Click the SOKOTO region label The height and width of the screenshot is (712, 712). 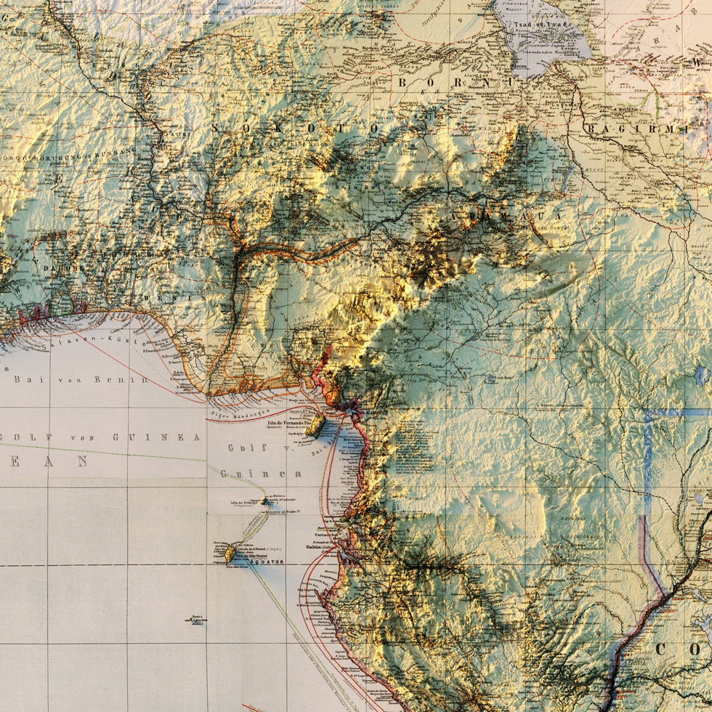pos(295,128)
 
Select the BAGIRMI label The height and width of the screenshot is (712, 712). pos(636,129)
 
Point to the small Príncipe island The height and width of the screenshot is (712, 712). pos(264,501)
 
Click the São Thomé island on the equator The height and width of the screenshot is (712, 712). pos(230,554)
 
